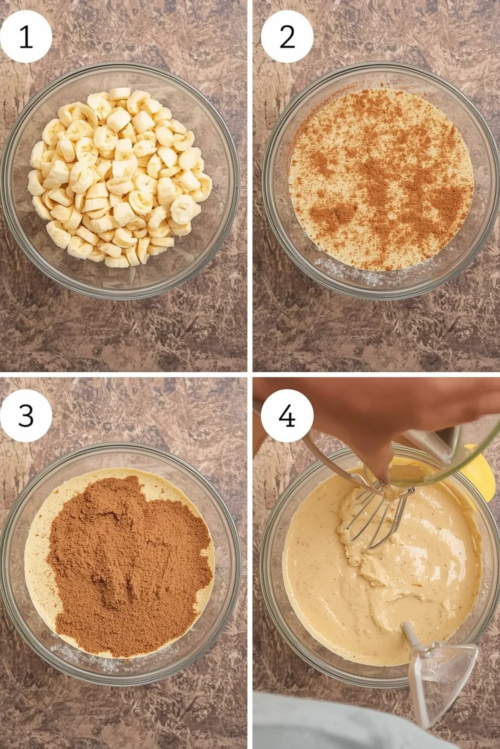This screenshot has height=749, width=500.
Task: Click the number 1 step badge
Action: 26,36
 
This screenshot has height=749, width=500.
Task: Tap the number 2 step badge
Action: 287,36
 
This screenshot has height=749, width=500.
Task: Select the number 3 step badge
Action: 26,415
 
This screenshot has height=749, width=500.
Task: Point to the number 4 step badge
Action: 287,415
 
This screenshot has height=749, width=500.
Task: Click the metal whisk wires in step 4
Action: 372,514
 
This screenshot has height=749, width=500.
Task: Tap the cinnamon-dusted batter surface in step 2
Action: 380,180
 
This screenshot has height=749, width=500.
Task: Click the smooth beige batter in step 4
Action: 380,599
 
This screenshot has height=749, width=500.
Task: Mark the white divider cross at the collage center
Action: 249,374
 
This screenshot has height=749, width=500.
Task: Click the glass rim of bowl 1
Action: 120,66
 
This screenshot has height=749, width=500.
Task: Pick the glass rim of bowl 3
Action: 120,446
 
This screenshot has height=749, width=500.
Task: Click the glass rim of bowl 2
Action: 380,67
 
